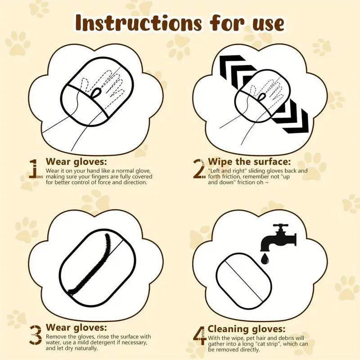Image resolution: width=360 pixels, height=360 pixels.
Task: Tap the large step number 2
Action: tap(198, 169)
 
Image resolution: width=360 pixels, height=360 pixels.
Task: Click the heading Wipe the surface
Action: tap(249, 162)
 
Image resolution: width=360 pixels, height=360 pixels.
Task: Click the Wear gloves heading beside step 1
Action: tap(76, 162)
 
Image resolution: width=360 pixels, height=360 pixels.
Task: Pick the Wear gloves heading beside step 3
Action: tap(76, 328)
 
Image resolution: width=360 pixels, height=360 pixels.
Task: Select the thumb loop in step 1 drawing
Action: tap(96, 93)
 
